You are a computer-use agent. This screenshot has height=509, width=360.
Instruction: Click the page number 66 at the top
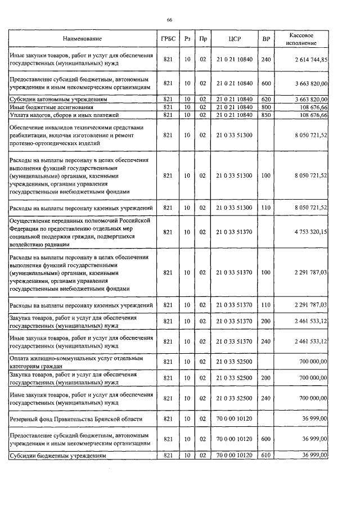pos(169,20)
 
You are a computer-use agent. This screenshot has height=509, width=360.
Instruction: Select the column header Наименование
pos(82,39)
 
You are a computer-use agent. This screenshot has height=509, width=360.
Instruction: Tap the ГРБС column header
pos(168,39)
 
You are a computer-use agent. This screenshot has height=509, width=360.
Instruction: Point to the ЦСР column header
pos(235,39)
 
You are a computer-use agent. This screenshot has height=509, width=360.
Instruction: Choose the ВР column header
pos(266,39)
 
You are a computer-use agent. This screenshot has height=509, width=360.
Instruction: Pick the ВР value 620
pos(266,98)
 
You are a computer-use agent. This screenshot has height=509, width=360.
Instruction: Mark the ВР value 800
pos(266,106)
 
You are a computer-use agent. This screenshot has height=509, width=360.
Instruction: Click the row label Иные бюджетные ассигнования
pos(48,106)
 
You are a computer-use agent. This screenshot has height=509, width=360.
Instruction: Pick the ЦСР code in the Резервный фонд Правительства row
pos(235,419)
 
